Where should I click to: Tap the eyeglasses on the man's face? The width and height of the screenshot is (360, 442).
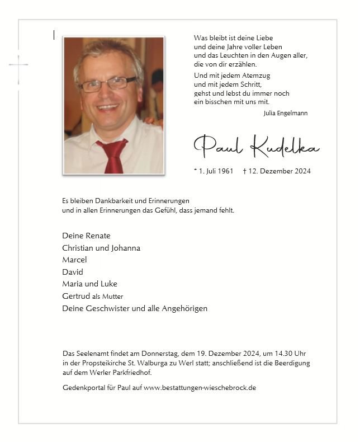click(x=108, y=84)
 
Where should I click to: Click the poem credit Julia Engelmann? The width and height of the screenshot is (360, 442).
click(x=285, y=113)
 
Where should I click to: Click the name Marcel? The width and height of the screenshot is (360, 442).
click(x=74, y=260)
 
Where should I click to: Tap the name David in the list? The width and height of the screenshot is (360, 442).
click(x=73, y=272)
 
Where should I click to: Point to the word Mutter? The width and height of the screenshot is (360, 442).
click(x=112, y=297)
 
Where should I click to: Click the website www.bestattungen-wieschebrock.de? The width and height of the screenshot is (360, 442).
click(x=200, y=388)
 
